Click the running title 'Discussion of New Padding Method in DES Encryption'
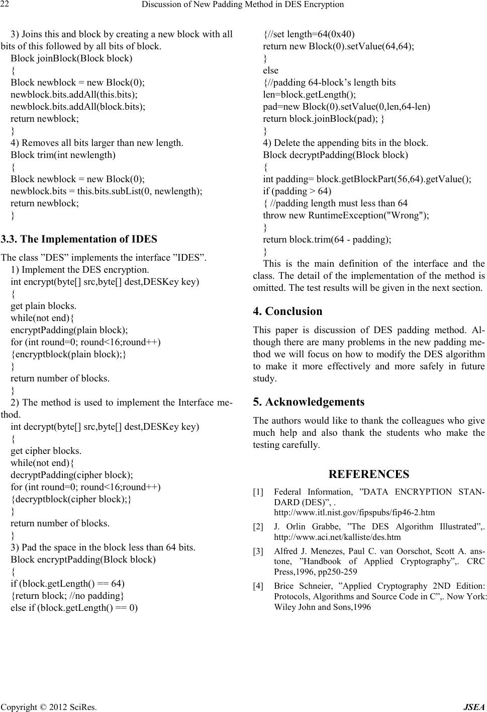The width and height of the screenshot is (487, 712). pyautogui.click(x=243, y=5)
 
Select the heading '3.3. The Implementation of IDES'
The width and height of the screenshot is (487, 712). pyautogui.click(x=79, y=239)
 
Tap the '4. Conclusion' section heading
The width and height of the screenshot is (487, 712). pyautogui.click(x=287, y=311)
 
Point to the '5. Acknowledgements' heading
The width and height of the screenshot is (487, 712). pyautogui.click(x=309, y=402)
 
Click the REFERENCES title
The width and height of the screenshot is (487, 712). pyautogui.click(x=368, y=474)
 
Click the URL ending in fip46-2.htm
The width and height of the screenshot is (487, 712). pyautogui.click(x=354, y=513)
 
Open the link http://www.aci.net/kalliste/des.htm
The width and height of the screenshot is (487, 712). pyautogui.click(x=337, y=537)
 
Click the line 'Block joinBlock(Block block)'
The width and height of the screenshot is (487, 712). pyautogui.click(x=71, y=58)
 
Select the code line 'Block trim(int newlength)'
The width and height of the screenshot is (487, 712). pyautogui.click(x=63, y=155)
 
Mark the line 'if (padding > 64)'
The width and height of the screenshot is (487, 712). pyautogui.click(x=297, y=191)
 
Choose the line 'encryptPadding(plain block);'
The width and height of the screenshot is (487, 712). pyautogui.click(x=69, y=330)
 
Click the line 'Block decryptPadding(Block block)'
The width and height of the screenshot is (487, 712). pyautogui.click(x=335, y=155)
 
